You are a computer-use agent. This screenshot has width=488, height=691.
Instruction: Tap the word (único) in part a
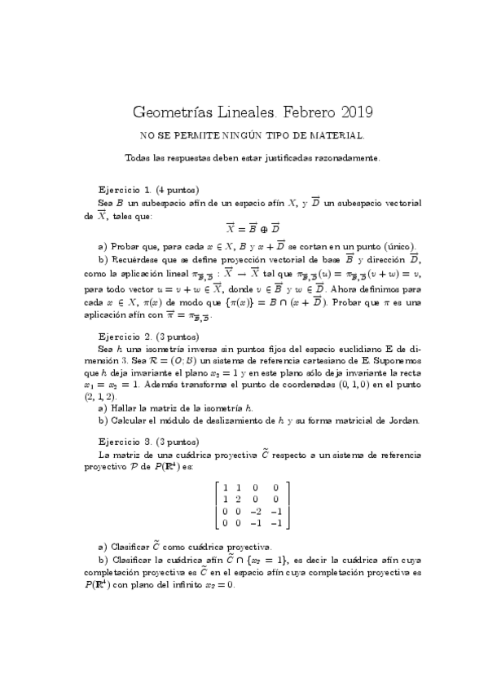tap(399, 247)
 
